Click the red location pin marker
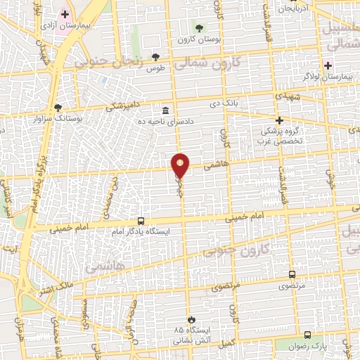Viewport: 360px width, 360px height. coord(181,165)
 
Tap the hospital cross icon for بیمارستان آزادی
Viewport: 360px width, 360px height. coord(65,13)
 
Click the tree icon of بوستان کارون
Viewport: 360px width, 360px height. coord(200,28)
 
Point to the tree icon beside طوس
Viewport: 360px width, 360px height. coord(155,58)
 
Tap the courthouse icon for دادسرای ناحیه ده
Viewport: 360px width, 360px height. coord(165,110)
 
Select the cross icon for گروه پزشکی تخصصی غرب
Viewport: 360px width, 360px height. coord(279,120)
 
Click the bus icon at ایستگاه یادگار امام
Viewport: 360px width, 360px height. coord(141,220)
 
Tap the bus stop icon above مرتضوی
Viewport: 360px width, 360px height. coord(292,274)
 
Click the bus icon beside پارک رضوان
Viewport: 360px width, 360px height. coord(307,335)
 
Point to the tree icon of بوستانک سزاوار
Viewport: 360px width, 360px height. coord(56,108)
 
